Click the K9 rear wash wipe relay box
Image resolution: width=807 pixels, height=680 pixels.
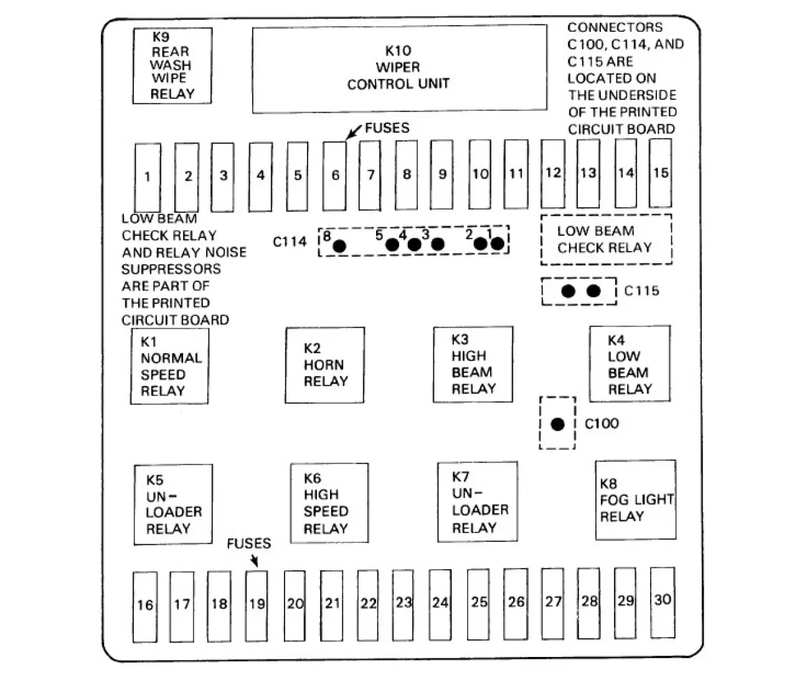(x=172, y=66)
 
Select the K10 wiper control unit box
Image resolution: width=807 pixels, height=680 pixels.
(x=400, y=69)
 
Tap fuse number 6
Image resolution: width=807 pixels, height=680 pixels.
(x=335, y=176)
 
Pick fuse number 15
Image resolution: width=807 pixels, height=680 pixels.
(x=661, y=173)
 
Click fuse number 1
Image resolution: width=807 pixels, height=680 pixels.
(x=148, y=178)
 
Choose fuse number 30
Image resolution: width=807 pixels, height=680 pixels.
(x=663, y=602)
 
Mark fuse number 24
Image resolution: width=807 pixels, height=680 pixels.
(x=440, y=605)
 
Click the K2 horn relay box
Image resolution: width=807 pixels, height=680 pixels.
(x=325, y=366)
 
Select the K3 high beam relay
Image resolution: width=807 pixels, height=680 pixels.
(x=473, y=364)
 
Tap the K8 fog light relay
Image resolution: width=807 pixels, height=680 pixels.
(x=636, y=500)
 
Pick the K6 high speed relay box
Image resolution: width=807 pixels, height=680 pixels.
(x=329, y=503)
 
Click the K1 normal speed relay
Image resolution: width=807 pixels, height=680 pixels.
(x=169, y=367)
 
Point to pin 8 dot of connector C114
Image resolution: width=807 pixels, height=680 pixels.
(x=339, y=246)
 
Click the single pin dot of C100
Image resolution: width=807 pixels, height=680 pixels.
(x=557, y=424)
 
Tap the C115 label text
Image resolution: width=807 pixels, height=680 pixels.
(x=641, y=291)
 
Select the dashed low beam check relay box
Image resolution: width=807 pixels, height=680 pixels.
(x=606, y=240)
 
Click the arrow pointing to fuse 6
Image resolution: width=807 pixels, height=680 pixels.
(x=354, y=132)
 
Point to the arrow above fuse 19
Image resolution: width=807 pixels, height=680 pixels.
(x=254, y=560)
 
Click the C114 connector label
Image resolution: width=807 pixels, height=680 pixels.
(x=290, y=242)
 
